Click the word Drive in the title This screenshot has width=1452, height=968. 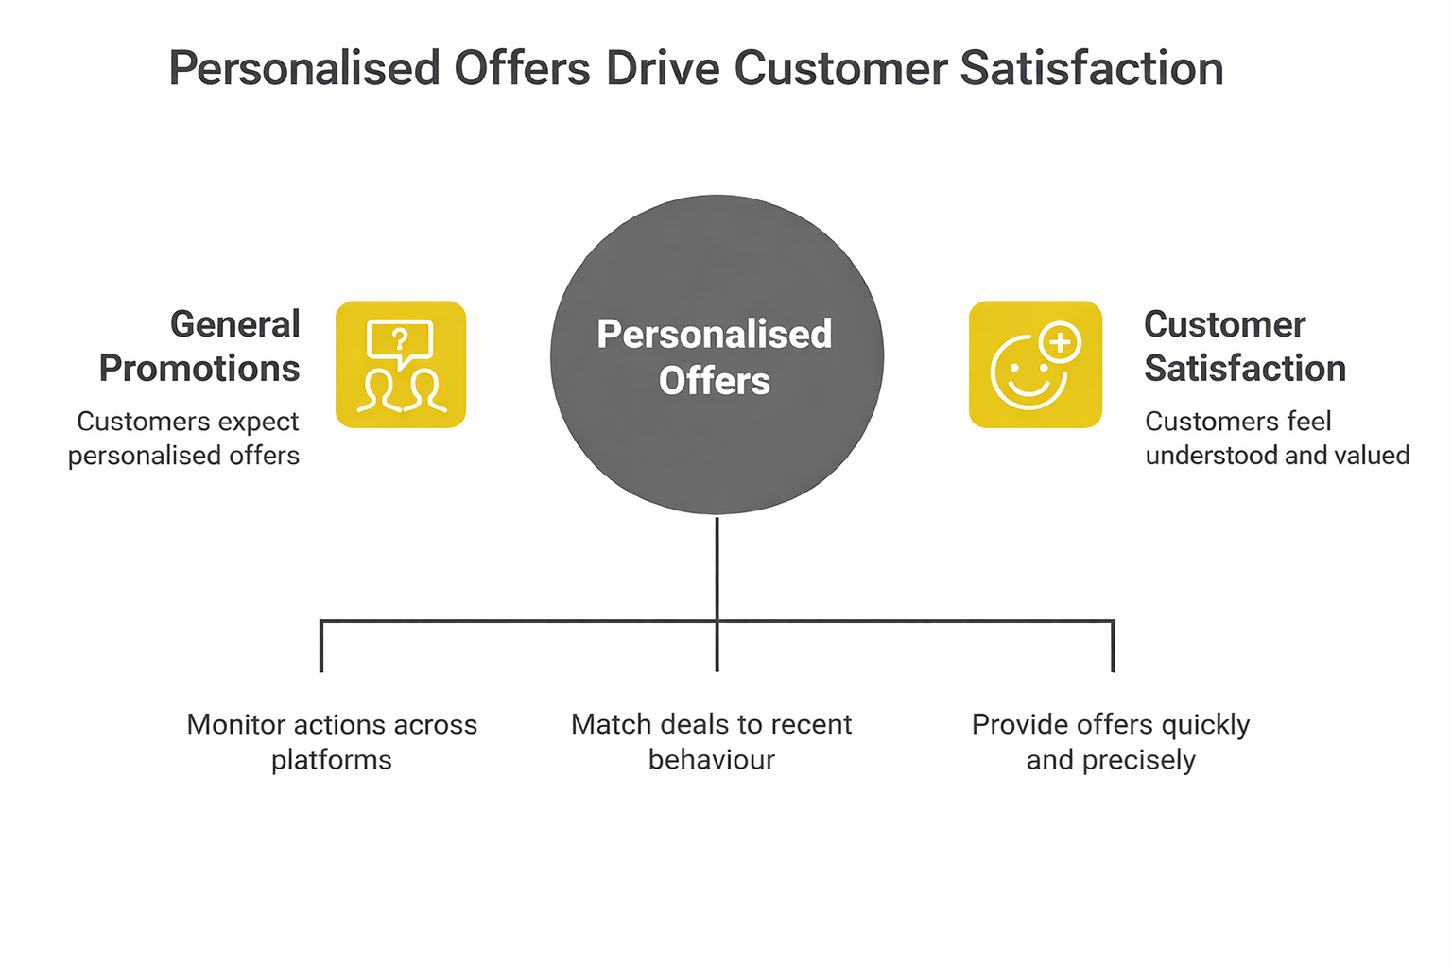663,68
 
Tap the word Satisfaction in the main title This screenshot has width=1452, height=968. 1092,68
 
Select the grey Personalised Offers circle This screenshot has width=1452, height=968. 717,354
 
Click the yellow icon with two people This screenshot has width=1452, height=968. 401,364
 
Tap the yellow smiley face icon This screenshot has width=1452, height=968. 1035,364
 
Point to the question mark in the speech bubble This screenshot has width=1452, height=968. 400,339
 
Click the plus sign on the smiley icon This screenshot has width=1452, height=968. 1060,341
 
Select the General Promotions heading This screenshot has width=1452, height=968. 199,346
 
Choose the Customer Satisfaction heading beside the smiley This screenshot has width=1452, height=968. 1245,346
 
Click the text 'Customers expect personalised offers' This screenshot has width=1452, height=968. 184,439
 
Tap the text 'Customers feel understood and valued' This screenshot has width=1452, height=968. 1277,439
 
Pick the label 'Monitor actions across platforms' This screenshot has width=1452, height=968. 332,742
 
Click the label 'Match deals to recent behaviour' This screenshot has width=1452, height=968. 712,742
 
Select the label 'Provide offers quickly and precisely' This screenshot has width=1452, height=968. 1111,742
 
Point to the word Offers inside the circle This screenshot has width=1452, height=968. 715,381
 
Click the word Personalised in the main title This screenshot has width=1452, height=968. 304,68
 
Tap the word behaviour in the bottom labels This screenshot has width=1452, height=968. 712,759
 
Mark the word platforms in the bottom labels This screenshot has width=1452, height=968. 331,761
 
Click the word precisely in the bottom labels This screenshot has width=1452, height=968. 1138,761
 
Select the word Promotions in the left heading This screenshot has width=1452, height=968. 199,369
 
